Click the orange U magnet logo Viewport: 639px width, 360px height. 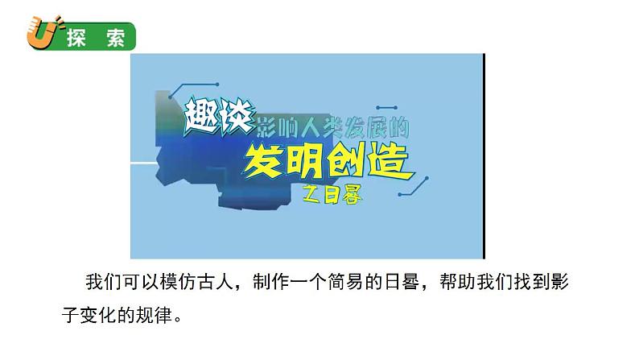point(43,32)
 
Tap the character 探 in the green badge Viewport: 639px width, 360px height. point(76,39)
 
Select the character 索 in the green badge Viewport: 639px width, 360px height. point(116,39)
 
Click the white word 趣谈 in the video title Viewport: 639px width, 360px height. point(219,117)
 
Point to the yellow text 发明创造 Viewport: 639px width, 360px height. point(328,161)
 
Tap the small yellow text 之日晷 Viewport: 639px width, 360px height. point(332,195)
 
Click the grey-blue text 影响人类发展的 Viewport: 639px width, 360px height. point(332,126)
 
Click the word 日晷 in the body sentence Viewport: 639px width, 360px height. point(402,282)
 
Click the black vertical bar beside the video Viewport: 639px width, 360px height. point(484,155)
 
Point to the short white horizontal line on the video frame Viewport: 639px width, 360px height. point(144,163)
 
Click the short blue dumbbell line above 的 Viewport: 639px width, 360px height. point(387,108)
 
